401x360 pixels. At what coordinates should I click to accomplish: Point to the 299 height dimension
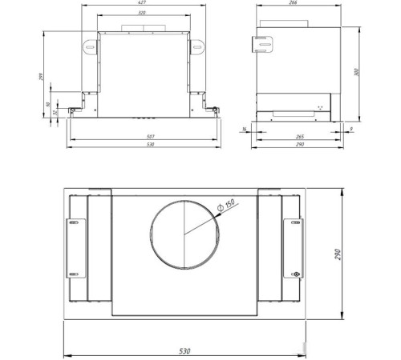[40, 76]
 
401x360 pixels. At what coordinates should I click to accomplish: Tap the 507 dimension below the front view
[142, 138]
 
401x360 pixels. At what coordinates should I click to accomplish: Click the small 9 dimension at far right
[352, 128]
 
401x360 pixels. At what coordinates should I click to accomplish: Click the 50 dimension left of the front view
[48, 105]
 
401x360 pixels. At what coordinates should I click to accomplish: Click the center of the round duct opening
[184, 233]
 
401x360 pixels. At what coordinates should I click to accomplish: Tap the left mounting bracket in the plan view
[78, 247]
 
